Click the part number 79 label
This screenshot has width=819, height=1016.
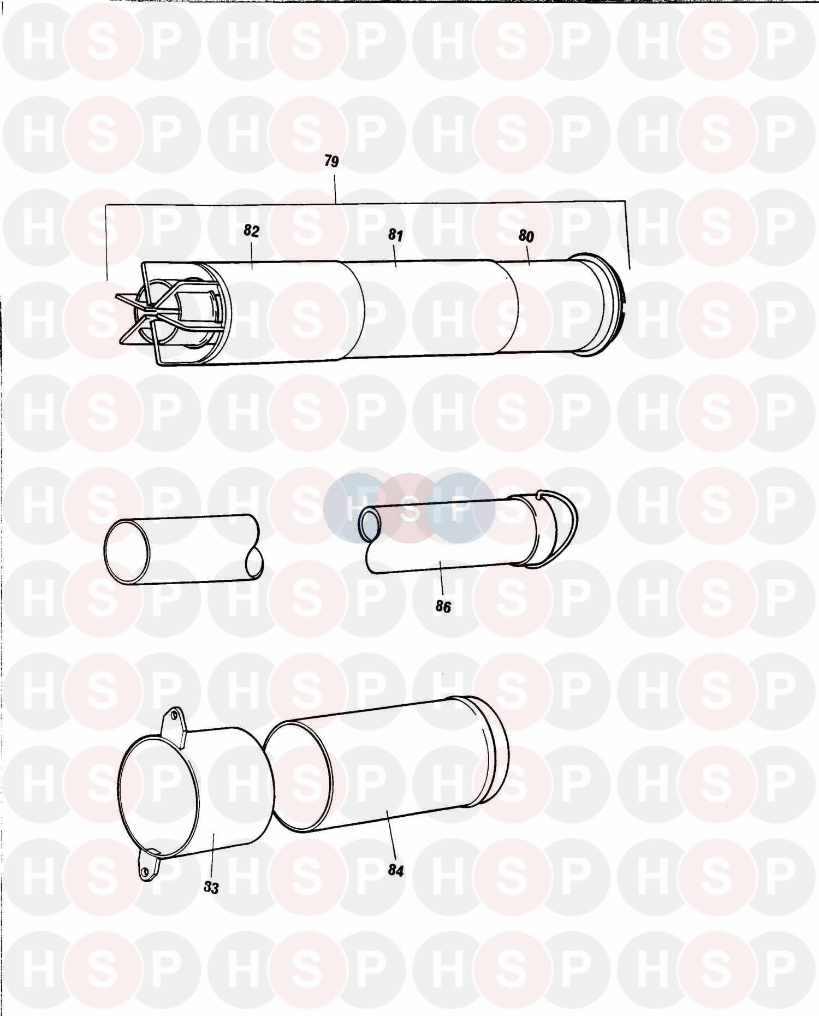(331, 162)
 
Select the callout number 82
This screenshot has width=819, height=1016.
(251, 231)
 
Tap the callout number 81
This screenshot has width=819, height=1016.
(395, 235)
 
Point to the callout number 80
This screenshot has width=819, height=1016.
(526, 236)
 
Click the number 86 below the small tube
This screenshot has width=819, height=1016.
(443, 607)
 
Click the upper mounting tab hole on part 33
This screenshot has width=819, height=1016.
(174, 715)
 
